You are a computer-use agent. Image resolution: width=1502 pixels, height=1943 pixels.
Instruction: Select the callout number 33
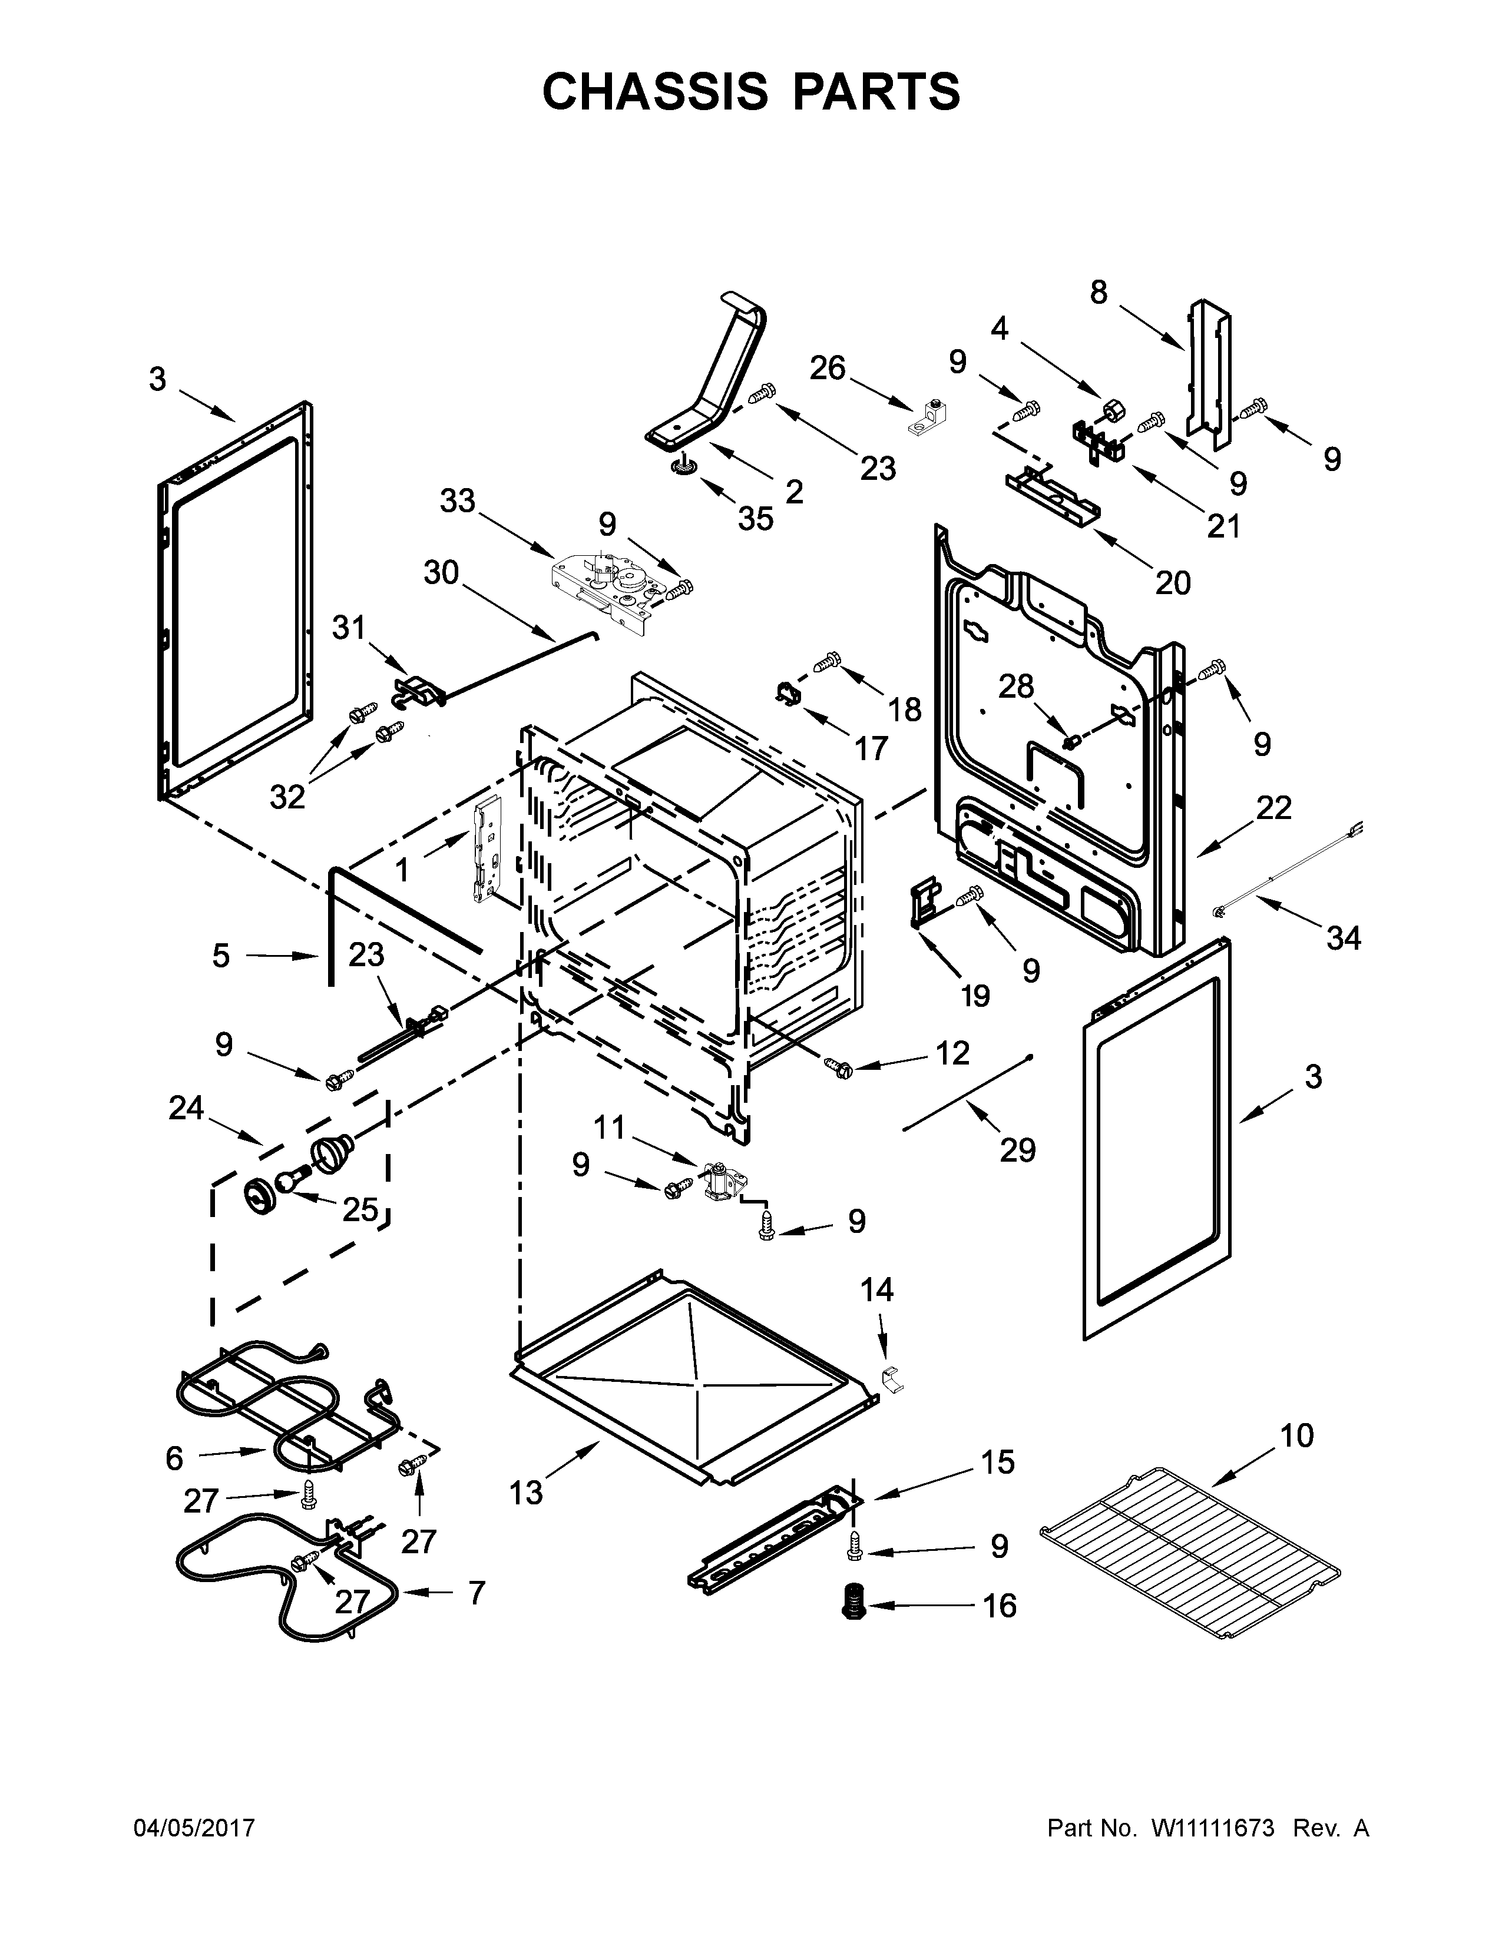tap(458, 502)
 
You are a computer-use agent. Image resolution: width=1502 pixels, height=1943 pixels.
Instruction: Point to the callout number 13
tap(526, 1493)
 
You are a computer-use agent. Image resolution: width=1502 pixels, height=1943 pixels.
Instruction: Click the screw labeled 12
tap(836, 1065)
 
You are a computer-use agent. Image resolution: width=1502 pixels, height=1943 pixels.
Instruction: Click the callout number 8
tap(1099, 292)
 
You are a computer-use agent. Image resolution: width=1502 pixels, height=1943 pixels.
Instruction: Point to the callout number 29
tap(1018, 1150)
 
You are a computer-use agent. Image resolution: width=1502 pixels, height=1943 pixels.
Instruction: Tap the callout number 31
tap(349, 628)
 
